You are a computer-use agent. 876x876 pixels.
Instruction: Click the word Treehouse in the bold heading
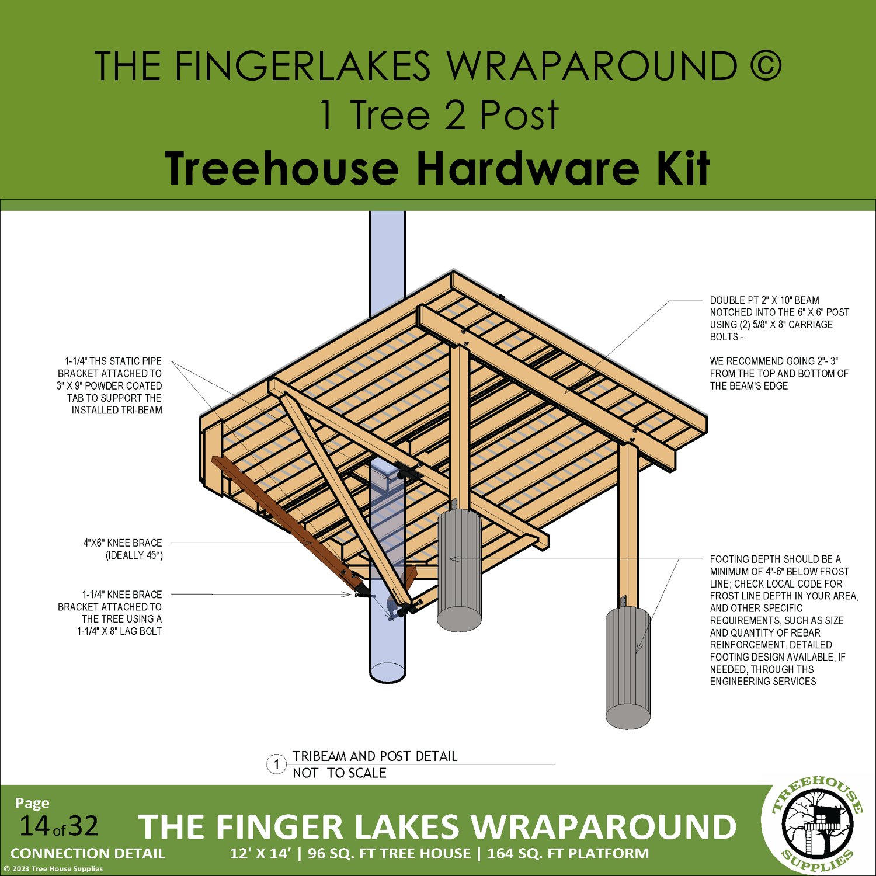tap(281, 168)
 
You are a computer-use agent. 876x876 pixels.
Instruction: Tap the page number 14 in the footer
tap(34, 826)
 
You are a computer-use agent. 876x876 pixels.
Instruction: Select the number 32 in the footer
tap(83, 826)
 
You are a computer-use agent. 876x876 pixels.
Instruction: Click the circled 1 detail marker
tap(276, 764)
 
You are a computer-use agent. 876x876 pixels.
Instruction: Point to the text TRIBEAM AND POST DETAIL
tap(375, 756)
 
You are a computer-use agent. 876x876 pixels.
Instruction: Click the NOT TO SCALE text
tap(339, 773)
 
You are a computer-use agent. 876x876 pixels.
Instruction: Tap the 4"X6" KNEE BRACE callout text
tap(123, 549)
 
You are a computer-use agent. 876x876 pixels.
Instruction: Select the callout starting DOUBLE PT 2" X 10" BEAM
tap(780, 318)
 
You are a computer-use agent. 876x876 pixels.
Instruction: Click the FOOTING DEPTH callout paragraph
tap(784, 620)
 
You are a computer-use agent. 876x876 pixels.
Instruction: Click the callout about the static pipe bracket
tap(110, 385)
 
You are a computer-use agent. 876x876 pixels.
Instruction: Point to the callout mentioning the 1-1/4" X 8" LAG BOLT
tap(110, 613)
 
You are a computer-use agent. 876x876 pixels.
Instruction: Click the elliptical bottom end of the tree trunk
tap(388, 672)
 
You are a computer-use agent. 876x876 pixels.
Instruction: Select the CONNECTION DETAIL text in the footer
tap(88, 854)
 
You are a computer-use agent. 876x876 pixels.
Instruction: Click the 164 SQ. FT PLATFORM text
tap(568, 854)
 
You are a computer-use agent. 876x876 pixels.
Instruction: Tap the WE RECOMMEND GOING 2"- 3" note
tap(779, 373)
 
